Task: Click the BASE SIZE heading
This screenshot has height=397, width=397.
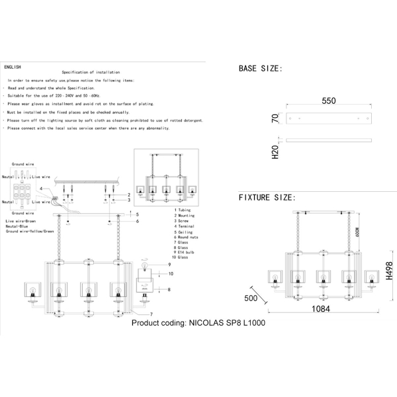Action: tap(260, 68)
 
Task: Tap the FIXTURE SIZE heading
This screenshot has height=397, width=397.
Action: tap(267, 197)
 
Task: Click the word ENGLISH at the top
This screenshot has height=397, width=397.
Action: tap(13, 67)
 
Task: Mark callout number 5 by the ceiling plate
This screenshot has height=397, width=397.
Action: tap(137, 214)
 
